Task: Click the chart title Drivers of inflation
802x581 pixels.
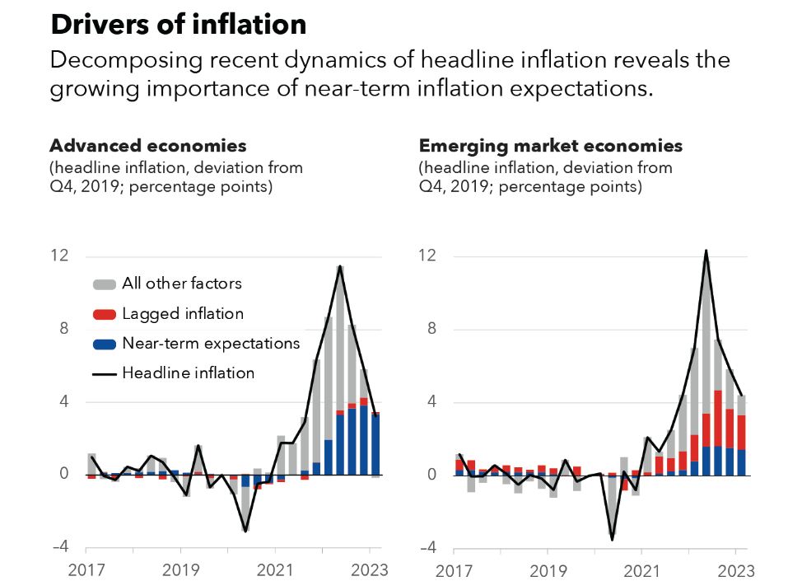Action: point(178,25)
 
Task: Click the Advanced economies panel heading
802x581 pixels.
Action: point(148,146)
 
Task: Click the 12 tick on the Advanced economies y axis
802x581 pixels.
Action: point(59,255)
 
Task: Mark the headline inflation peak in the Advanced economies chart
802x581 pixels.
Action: point(340,266)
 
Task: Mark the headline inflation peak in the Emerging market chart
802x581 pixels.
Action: point(706,251)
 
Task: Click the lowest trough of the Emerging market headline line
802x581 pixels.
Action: point(612,540)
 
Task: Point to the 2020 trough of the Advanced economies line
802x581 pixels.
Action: point(245,531)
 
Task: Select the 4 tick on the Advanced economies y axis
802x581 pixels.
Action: point(63,402)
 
